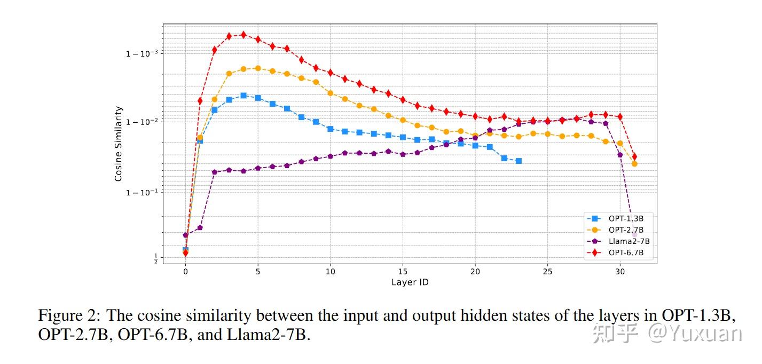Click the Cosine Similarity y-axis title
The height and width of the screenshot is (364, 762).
click(x=119, y=144)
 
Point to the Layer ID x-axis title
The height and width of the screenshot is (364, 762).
click(x=410, y=282)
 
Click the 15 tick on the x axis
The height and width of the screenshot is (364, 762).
click(x=403, y=271)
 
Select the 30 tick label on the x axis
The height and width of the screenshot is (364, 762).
click(x=620, y=271)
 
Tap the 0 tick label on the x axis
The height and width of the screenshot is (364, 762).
click(x=185, y=271)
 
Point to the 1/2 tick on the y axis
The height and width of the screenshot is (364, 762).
click(x=155, y=259)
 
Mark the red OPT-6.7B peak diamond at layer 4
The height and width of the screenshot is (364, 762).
click(x=243, y=35)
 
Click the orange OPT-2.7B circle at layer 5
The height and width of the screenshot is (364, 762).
click(x=258, y=68)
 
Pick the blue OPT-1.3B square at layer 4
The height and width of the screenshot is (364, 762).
click(x=243, y=96)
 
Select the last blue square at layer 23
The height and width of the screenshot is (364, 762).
click(x=519, y=161)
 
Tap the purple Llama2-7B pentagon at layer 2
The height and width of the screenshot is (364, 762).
click(x=215, y=172)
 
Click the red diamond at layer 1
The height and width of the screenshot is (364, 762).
click(x=200, y=100)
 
